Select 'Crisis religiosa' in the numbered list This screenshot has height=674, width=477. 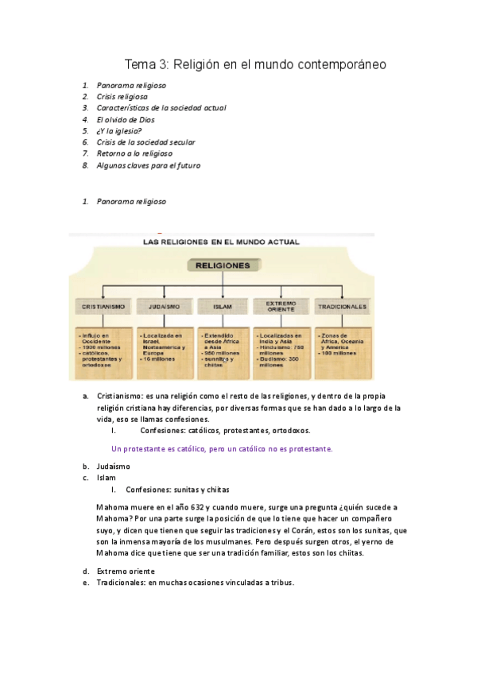coord(122,96)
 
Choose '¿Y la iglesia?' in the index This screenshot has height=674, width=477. coord(120,131)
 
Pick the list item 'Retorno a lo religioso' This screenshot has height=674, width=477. coord(134,153)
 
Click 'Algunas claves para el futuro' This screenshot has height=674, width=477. coord(149,165)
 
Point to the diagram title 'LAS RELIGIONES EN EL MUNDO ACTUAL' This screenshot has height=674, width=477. coord(219,241)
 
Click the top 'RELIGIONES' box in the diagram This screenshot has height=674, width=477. coord(219,265)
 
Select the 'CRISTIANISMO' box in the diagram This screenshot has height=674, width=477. coord(101,306)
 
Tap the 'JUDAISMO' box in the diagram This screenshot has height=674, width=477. coord(162,306)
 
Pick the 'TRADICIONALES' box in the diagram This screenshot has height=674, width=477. coord(342,306)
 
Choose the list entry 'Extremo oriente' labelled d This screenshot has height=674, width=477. coord(126,571)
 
